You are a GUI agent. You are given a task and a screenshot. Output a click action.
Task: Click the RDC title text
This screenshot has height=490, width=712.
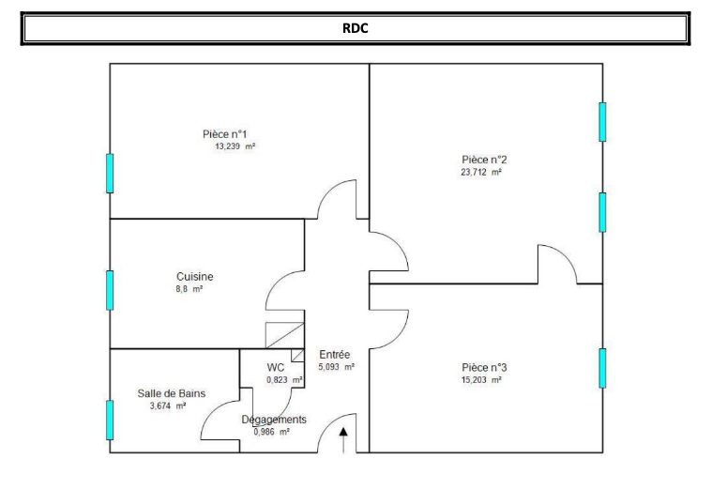click(356, 28)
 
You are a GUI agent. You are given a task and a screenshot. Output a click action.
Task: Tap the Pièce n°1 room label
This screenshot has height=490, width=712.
click(225, 134)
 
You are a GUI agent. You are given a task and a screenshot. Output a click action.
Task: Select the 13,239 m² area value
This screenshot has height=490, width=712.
click(235, 146)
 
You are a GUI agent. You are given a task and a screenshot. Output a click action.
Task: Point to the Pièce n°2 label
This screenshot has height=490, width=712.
click(484, 160)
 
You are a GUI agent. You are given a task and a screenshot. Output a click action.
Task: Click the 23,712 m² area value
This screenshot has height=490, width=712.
click(481, 173)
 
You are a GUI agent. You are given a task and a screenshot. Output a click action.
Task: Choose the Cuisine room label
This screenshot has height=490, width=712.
click(195, 276)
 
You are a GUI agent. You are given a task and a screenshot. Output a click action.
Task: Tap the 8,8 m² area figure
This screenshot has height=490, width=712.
click(189, 288)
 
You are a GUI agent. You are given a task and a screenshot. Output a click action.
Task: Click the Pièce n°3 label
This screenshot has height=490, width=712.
click(484, 367)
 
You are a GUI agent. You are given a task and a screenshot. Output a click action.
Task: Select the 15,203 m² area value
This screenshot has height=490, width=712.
click(481, 380)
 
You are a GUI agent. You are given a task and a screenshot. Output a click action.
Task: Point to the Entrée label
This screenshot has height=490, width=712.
click(335, 355)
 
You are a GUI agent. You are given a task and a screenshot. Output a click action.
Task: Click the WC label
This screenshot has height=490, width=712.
click(276, 367)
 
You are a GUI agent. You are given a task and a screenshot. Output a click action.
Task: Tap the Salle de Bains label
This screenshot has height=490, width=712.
click(172, 393)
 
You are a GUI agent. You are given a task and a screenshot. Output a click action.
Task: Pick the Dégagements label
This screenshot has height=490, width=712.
click(274, 419)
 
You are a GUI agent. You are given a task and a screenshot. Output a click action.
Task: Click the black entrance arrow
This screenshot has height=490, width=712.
click(343, 440)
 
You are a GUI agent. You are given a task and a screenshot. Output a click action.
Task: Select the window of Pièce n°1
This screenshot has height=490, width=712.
click(110, 173)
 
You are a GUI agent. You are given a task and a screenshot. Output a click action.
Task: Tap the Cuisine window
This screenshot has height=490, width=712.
click(110, 290)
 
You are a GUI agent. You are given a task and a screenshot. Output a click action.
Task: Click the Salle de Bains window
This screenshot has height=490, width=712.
click(110, 420)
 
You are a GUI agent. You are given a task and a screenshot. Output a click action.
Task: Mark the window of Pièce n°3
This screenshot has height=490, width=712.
click(602, 368)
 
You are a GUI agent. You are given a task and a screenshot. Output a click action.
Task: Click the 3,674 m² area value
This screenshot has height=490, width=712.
click(168, 406)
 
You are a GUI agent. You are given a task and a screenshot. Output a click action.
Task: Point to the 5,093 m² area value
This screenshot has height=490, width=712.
click(337, 367)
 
